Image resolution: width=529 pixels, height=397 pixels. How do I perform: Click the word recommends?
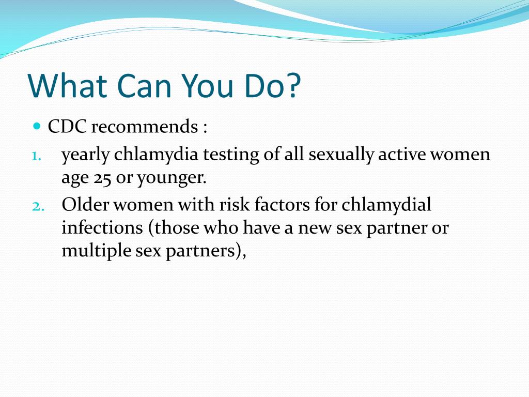[145, 127]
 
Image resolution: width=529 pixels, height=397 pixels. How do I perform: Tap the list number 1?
[37, 156]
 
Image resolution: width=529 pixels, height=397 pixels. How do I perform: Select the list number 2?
[38, 206]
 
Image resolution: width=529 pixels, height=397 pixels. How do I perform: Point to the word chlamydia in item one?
[156, 155]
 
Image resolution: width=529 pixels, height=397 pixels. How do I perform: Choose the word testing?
[231, 155]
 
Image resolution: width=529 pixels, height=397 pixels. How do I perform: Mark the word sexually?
[341, 155]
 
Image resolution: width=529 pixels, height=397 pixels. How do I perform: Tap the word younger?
[172, 179]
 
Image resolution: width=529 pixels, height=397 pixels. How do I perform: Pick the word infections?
[102, 227]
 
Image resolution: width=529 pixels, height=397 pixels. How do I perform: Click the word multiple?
[97, 251]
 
